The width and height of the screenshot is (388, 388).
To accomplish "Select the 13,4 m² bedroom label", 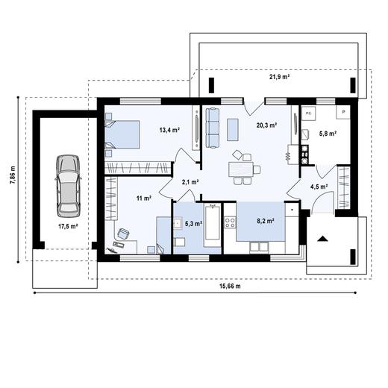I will [x=169, y=129].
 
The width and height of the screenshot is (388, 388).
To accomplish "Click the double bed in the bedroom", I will [x=123, y=134].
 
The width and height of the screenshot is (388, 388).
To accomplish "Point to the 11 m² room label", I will [x=143, y=198].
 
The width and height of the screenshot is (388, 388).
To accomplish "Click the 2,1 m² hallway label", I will [x=190, y=182].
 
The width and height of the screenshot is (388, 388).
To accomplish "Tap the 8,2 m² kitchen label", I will [x=266, y=221].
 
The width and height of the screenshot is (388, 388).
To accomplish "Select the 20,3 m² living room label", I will [x=266, y=126].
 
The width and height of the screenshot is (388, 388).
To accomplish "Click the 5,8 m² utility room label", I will [x=328, y=134].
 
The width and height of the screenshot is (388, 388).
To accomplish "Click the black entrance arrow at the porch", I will [x=324, y=239].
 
